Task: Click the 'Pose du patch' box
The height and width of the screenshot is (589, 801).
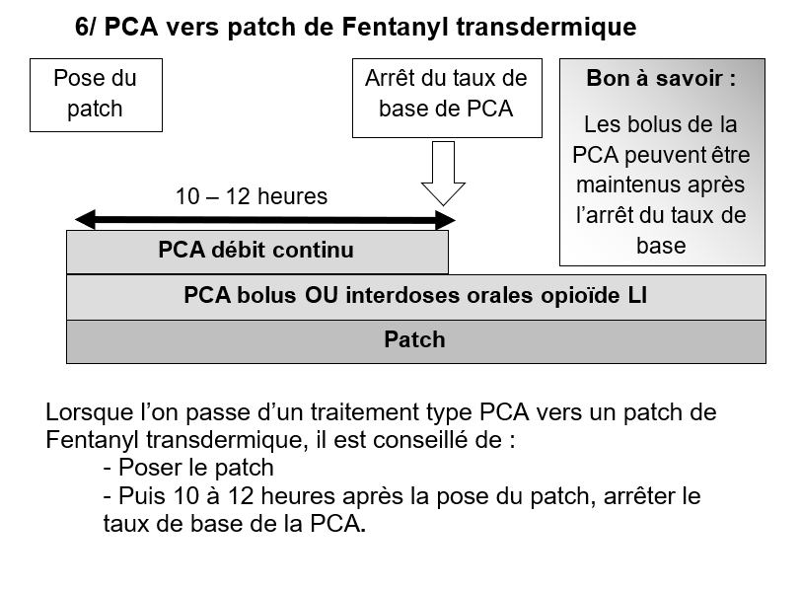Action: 96,95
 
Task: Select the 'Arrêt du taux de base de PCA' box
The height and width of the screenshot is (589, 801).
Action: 447,98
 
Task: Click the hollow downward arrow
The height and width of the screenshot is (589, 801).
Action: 443,174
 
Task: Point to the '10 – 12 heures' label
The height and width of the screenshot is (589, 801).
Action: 252,196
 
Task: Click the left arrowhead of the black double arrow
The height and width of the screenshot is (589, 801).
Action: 85,220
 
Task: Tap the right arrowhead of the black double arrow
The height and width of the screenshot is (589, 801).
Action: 445,220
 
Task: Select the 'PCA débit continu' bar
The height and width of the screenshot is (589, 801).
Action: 257,252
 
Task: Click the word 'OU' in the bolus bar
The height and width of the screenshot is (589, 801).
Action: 322,295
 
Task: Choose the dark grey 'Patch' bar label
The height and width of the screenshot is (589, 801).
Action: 414,339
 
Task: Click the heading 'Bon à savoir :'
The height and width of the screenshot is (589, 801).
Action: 661,78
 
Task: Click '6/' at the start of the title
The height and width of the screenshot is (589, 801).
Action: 86,27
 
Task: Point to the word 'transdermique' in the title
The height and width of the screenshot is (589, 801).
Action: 546,27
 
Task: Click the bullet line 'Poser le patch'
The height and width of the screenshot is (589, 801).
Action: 188,468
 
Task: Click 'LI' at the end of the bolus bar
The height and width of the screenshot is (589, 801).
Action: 637,295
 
